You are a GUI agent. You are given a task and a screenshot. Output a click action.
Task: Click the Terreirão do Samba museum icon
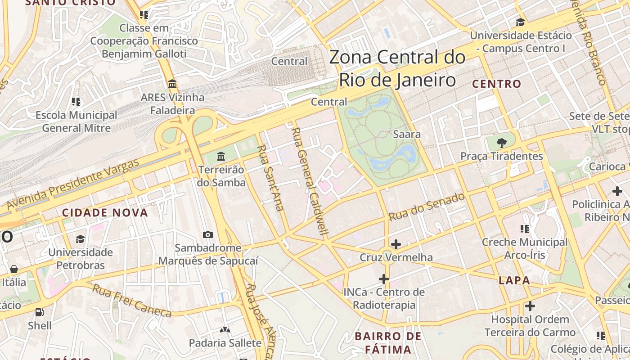tap(221, 157)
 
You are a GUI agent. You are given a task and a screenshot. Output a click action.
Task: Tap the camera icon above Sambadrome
tap(208, 234)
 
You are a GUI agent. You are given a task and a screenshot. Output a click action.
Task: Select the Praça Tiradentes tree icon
tap(501, 143)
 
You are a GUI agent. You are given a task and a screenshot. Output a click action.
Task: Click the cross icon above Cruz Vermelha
tap(396, 244)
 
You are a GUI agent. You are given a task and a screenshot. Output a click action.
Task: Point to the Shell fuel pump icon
tap(40, 312)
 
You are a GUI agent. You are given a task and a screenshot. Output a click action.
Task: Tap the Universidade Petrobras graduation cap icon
tap(81, 238)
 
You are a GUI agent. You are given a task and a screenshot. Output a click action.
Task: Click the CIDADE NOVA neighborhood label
tap(105, 213)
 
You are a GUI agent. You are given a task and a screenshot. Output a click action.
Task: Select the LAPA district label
tap(514, 280)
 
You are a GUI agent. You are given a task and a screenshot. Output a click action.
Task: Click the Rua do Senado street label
tap(426, 207)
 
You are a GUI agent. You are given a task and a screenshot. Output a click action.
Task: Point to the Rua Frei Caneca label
tap(132, 301)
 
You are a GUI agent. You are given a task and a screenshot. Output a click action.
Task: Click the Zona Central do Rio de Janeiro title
tap(397, 69)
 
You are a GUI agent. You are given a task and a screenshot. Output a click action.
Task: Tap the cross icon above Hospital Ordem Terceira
tap(530, 306)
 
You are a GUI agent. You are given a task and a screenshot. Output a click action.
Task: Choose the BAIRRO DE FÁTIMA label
tap(388, 342)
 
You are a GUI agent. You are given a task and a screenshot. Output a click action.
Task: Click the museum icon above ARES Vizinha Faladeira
tap(172, 84)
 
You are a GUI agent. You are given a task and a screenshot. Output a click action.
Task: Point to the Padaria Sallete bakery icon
tap(225, 330)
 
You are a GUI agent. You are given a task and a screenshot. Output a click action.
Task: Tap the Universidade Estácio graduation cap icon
tap(521, 22)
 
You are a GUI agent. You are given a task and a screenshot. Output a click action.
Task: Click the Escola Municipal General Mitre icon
tap(76, 102)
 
